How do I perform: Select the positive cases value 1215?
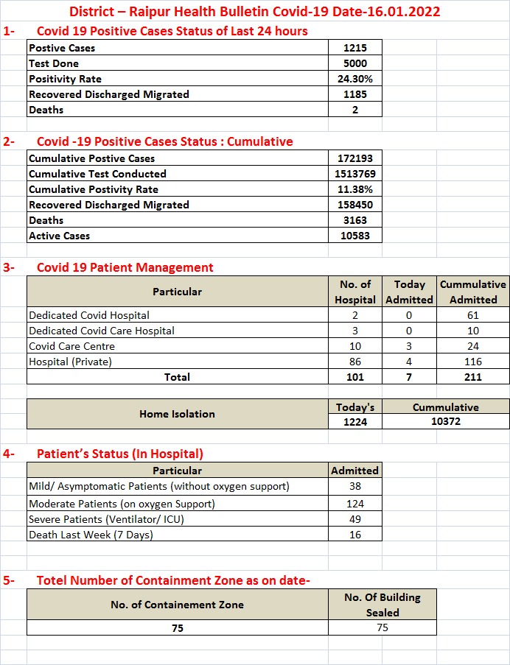click(354, 48)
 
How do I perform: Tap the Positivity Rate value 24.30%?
click(354, 79)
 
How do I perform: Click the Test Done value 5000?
click(354, 63)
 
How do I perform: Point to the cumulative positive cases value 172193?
click(354, 158)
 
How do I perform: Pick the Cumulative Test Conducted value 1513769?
click(354, 174)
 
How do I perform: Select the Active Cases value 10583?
click(354, 236)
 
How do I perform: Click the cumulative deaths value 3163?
click(354, 220)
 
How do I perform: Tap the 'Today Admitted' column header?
click(409, 292)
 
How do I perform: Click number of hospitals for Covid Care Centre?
click(354, 346)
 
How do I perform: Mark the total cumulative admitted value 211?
click(473, 377)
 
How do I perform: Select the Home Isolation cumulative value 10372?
click(446, 422)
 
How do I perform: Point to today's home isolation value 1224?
click(354, 422)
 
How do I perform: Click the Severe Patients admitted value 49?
click(354, 519)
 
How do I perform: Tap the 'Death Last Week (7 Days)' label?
click(91, 535)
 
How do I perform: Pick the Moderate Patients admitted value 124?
click(354, 504)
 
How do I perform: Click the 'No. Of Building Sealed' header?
click(382, 605)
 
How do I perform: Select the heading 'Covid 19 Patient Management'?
click(125, 267)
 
